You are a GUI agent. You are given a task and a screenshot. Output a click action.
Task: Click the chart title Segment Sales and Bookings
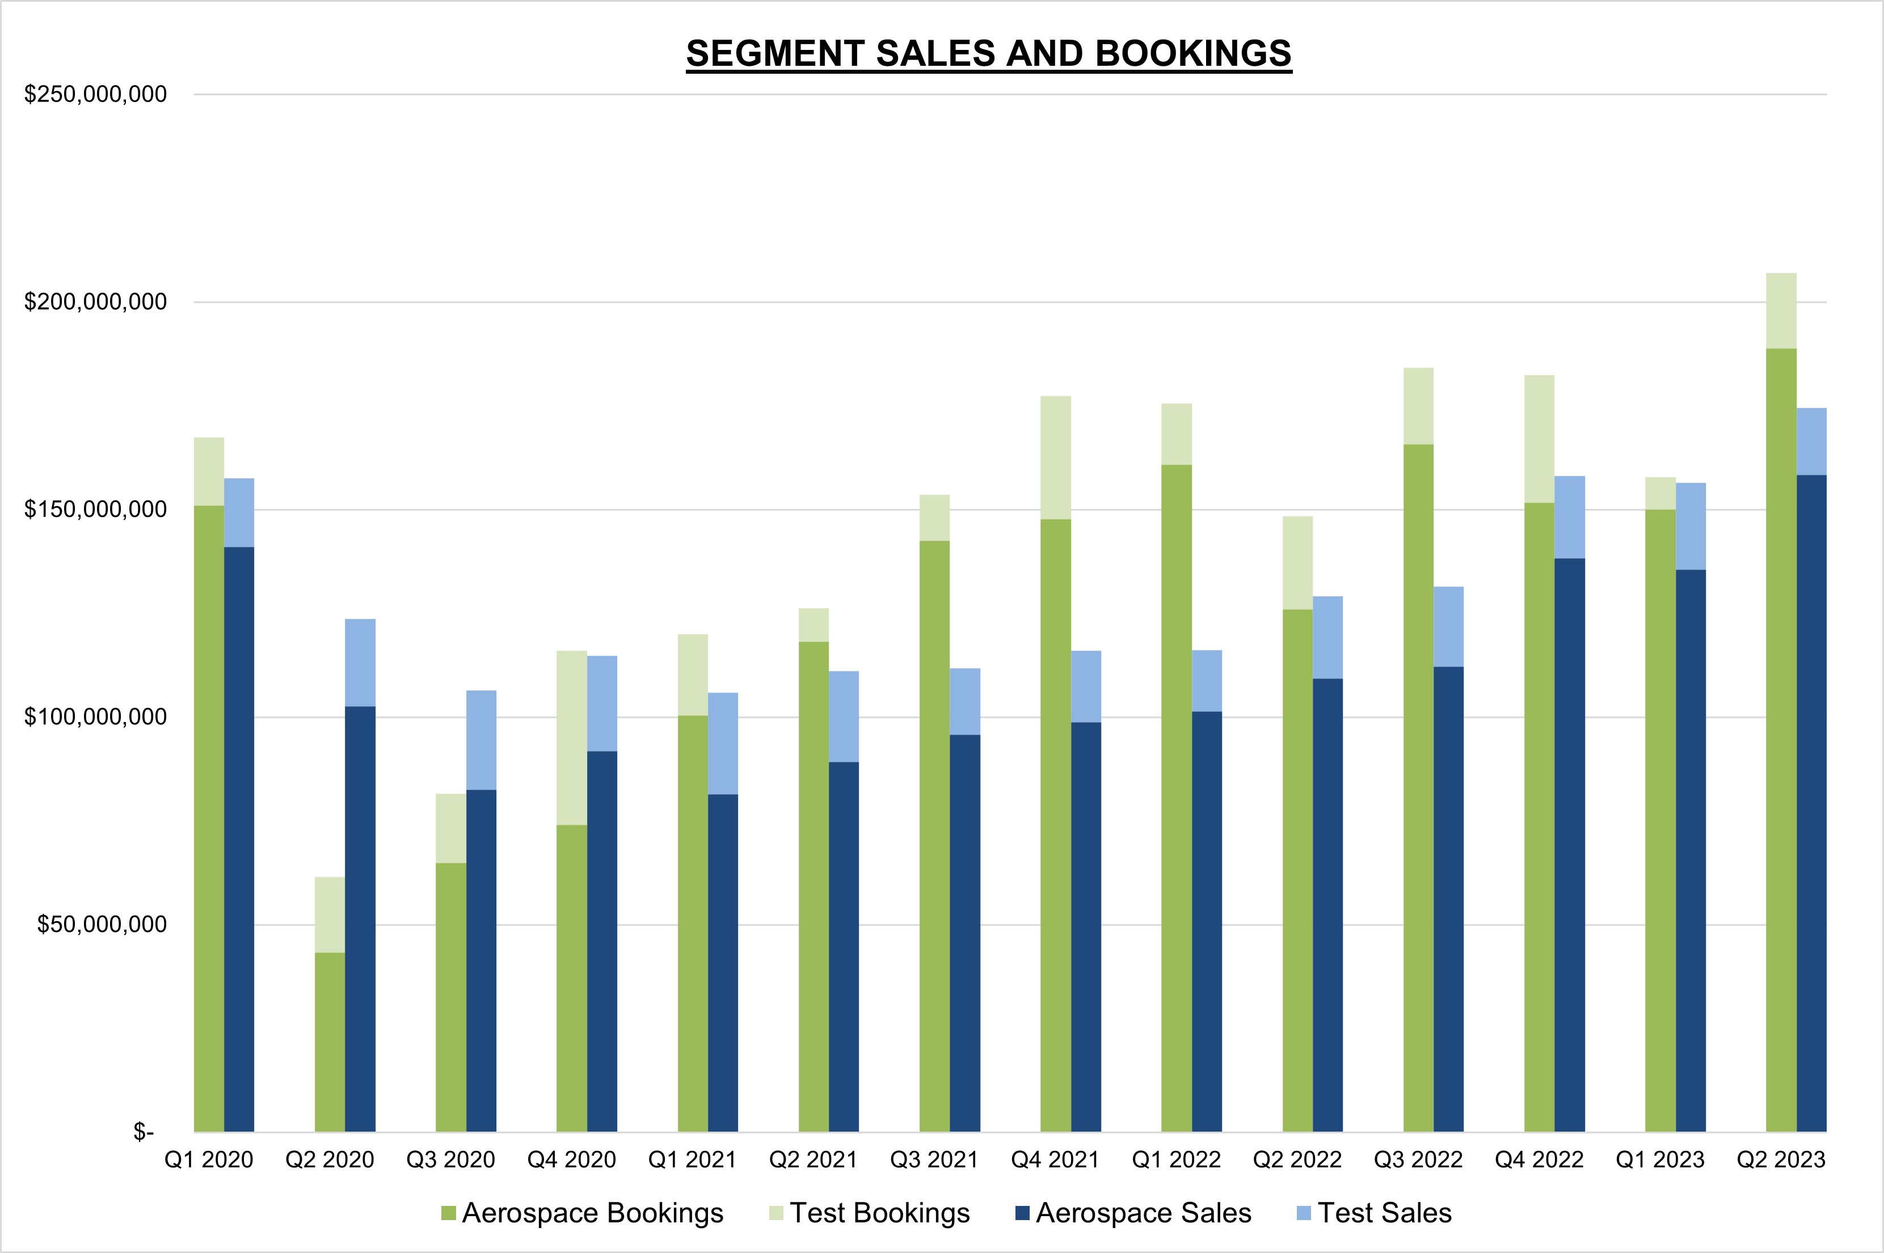tap(988, 53)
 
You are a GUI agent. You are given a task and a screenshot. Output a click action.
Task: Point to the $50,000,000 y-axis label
tap(102, 925)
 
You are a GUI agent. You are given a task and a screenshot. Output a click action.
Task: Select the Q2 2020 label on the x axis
tap(329, 1159)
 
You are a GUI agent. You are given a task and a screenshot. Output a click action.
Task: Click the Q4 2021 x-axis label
tap(1055, 1159)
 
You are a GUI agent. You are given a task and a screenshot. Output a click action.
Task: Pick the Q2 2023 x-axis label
tap(1781, 1159)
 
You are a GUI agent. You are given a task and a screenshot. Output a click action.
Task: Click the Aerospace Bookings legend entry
tap(583, 1213)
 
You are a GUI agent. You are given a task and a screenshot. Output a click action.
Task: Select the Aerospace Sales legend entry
tap(1133, 1213)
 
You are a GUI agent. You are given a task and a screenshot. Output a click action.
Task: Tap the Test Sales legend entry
tap(1373, 1213)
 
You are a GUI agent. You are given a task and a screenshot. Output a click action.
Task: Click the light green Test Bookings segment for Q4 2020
tap(571, 737)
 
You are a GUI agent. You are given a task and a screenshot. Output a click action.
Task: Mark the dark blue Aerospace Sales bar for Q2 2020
tap(360, 919)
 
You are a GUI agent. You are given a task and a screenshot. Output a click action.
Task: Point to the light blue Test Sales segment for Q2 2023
tap(1811, 441)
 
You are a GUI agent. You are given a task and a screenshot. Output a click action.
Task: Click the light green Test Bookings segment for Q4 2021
tap(1055, 457)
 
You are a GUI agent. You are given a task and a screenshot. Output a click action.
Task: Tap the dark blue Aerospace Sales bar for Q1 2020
tap(239, 839)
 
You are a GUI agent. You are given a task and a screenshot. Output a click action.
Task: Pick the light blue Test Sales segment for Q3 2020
tap(481, 740)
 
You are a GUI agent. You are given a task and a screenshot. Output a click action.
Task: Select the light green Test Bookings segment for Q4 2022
tap(1539, 438)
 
